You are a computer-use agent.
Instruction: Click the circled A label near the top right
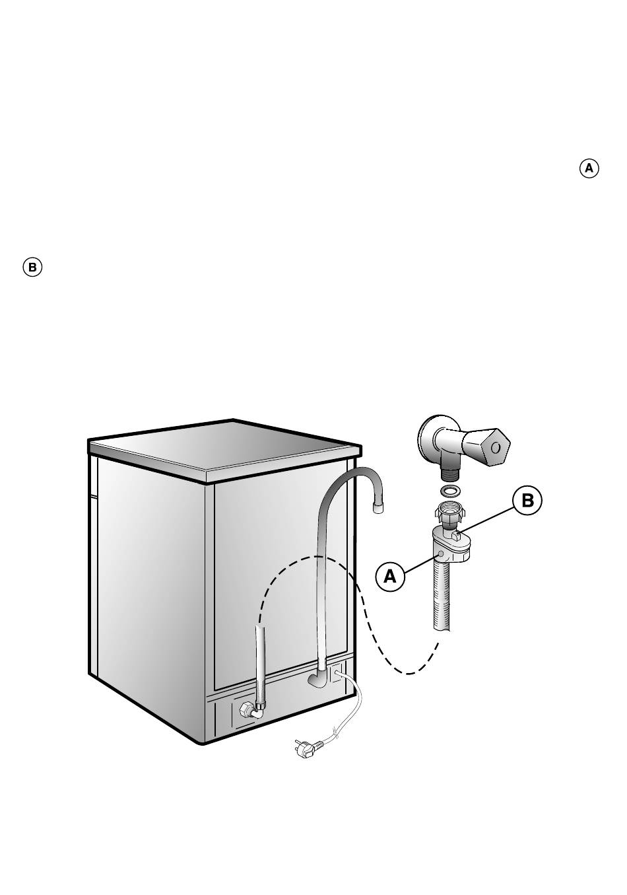tap(589, 168)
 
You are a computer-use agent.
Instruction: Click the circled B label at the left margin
tap(32, 268)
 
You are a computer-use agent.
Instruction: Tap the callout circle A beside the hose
tap(390, 576)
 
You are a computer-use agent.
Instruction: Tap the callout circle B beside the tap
tap(527, 500)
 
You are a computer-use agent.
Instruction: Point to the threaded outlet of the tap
tap(450, 474)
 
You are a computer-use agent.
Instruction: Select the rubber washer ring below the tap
tap(449, 491)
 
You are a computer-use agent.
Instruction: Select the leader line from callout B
tap(489, 516)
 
